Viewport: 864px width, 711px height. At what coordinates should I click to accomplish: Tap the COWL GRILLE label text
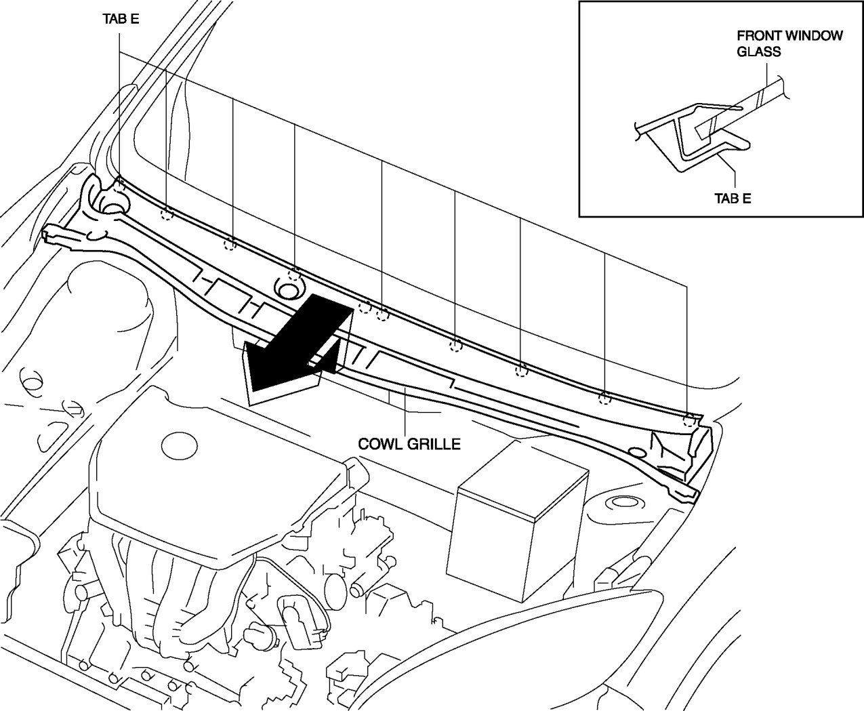coord(409,444)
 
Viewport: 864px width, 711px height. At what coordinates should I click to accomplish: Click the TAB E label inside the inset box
coord(733,198)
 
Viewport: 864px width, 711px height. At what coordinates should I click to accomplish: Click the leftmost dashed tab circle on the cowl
coord(119,184)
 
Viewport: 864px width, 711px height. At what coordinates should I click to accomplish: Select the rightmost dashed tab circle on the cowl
coord(689,420)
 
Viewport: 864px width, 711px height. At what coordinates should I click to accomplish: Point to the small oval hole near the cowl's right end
coord(636,452)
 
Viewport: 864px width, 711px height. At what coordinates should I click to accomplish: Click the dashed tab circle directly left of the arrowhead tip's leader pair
coord(365,307)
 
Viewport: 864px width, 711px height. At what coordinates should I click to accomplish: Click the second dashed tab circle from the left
coord(167,215)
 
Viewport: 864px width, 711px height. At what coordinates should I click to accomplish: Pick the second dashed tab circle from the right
coord(604,398)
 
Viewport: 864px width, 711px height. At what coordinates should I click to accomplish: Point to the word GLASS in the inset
coord(759,52)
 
